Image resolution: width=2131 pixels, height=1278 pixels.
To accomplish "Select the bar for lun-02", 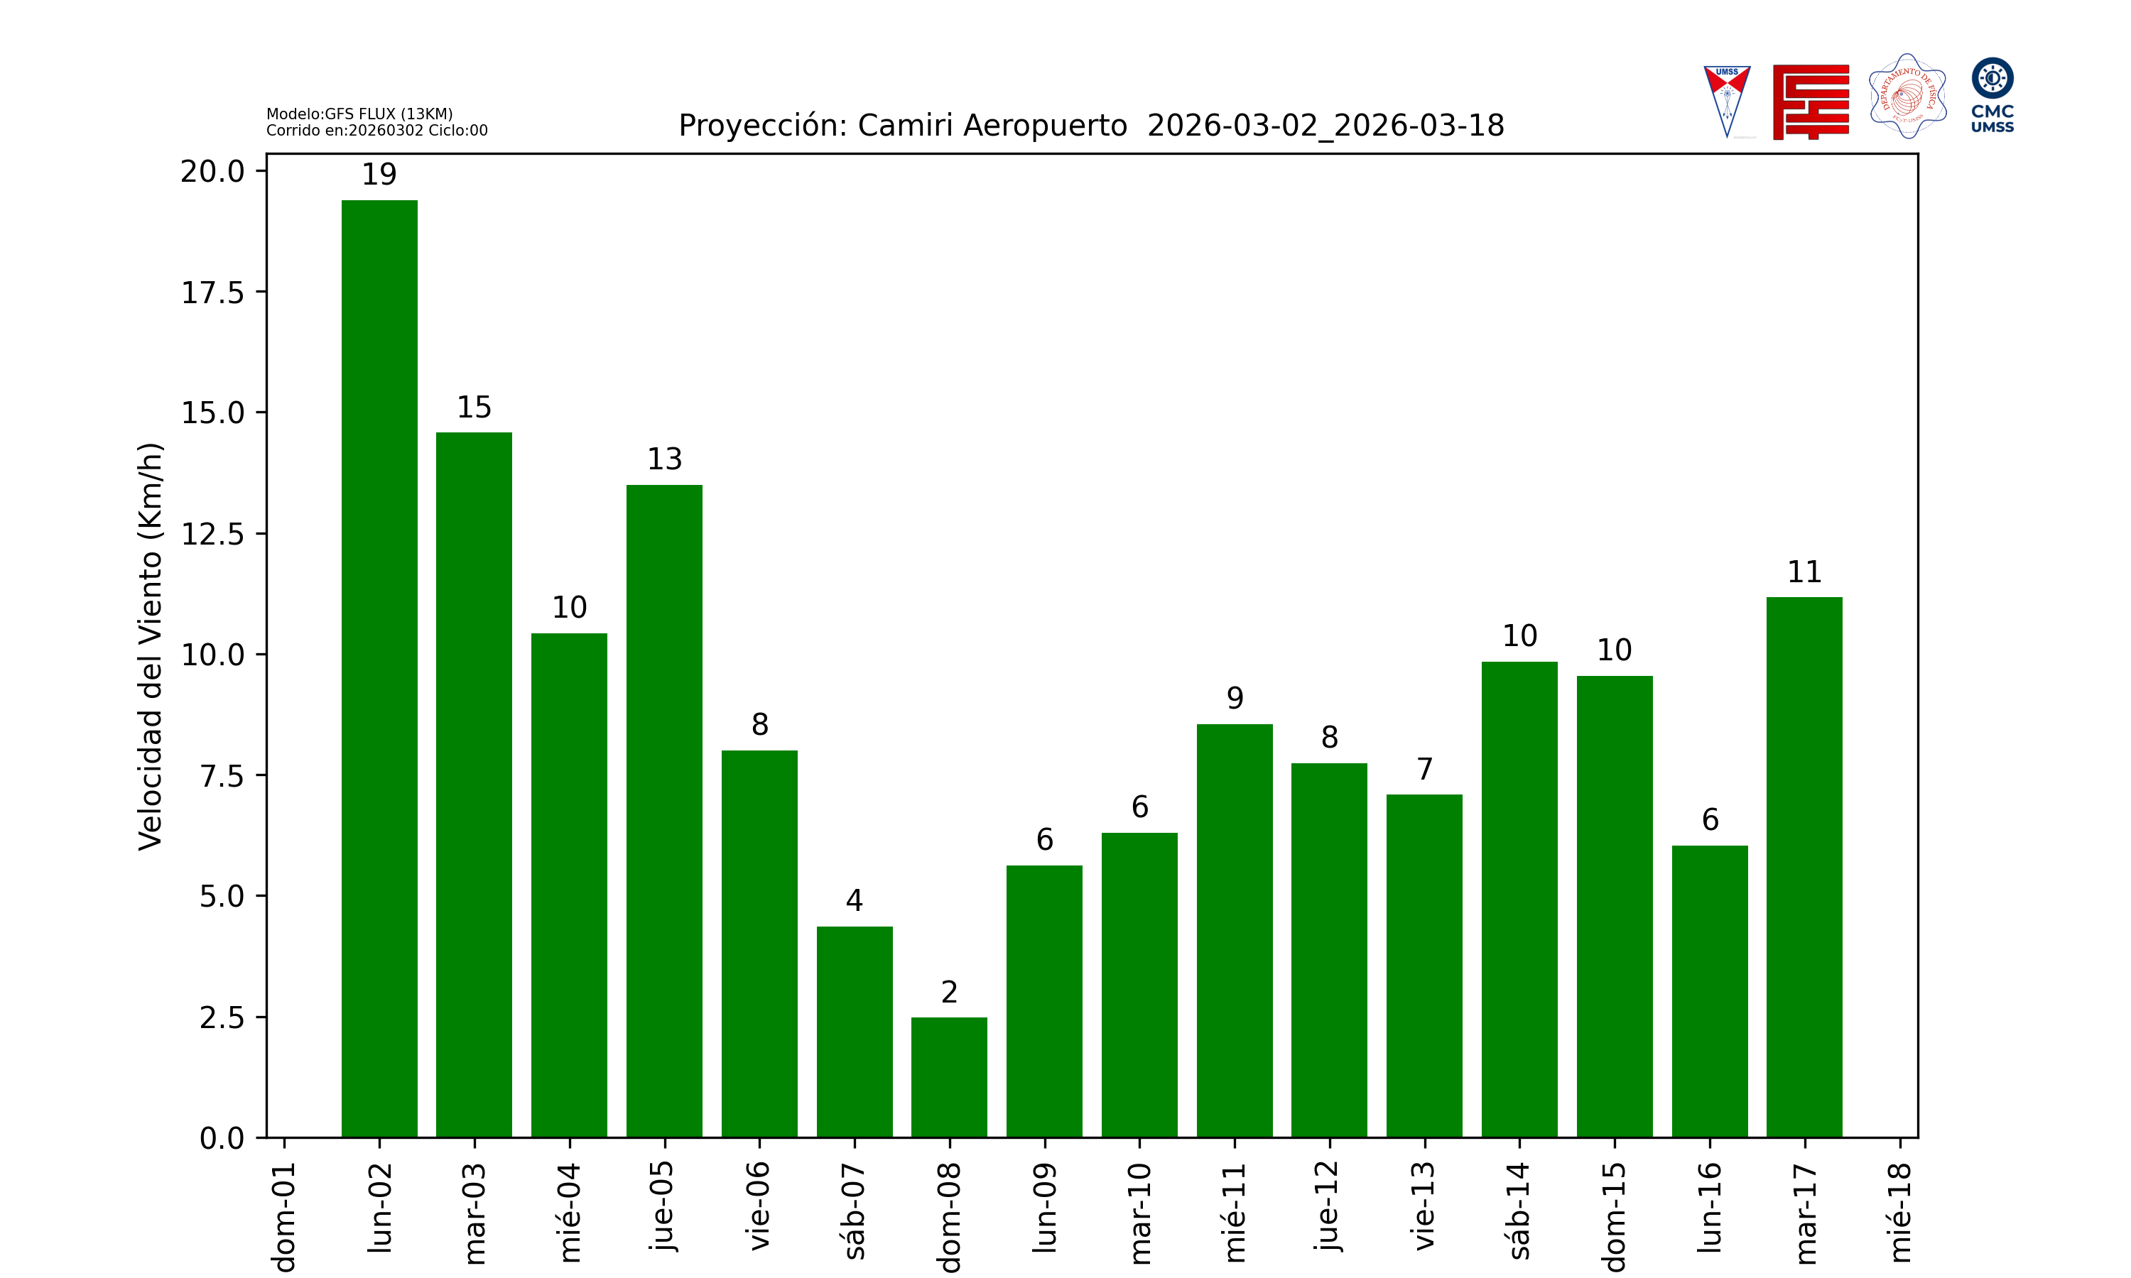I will click(379, 668).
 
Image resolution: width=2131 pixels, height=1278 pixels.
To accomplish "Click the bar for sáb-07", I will click(855, 1032).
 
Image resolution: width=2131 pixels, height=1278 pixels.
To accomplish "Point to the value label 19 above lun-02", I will click(379, 175).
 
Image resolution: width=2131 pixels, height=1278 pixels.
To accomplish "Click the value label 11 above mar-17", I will click(1804, 572).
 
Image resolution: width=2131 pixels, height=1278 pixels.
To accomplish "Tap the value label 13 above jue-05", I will click(664, 459).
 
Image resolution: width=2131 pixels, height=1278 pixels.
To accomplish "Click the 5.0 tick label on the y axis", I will click(222, 897).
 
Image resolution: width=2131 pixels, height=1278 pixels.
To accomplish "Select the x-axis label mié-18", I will click(1899, 1211).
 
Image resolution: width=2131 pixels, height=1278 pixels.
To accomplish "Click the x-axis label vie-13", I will click(1425, 1206).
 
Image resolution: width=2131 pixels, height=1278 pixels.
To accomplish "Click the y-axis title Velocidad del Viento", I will click(150, 646).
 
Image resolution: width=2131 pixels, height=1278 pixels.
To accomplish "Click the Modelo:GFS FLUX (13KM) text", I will click(359, 114).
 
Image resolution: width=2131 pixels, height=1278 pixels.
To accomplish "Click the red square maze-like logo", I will click(1811, 102).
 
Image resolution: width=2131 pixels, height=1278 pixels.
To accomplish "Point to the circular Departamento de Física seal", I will click(1907, 97).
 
